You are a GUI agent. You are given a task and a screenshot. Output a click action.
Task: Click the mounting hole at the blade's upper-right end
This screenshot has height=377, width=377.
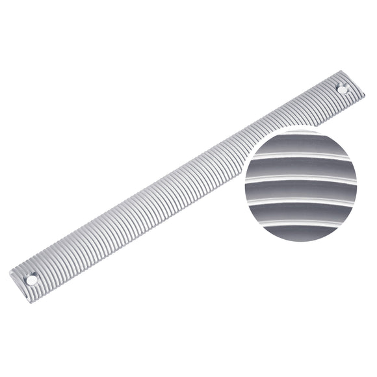click(343, 90)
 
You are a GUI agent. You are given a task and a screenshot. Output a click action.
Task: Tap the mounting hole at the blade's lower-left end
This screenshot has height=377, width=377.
click(31, 279)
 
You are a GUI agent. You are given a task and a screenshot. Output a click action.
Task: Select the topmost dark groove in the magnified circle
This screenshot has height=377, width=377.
click(301, 145)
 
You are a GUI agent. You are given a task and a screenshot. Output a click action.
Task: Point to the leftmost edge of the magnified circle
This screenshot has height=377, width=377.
click(241, 185)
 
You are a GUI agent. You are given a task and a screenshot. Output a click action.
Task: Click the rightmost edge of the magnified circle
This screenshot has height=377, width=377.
click(357, 185)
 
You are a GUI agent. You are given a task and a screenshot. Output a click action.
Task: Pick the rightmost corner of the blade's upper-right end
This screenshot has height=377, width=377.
click(365, 95)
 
